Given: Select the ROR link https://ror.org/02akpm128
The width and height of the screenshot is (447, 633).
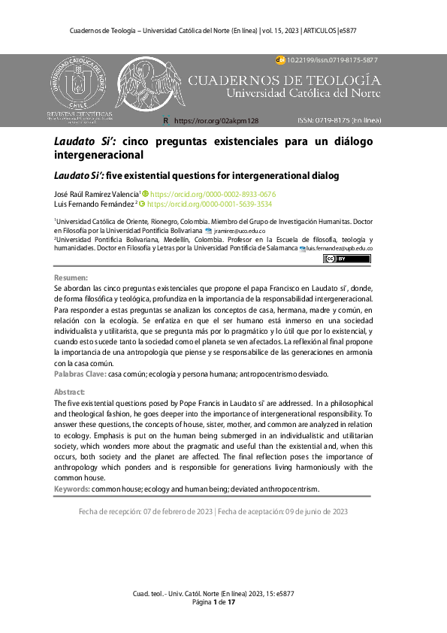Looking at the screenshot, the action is (216, 120).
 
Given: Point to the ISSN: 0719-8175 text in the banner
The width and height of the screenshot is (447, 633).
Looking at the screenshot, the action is (339, 120).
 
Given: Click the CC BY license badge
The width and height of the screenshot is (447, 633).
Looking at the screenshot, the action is (346, 259).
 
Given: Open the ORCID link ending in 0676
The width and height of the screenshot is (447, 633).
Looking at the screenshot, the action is (213, 193).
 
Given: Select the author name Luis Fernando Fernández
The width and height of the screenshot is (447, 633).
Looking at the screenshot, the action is (94, 204).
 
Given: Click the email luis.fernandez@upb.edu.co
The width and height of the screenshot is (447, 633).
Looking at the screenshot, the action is (340, 248).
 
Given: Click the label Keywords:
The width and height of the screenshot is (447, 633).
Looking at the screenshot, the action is (72, 489).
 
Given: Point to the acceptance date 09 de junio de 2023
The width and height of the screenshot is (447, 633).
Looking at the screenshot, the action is (310, 511).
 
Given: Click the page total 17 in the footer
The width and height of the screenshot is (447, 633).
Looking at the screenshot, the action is (232, 602).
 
